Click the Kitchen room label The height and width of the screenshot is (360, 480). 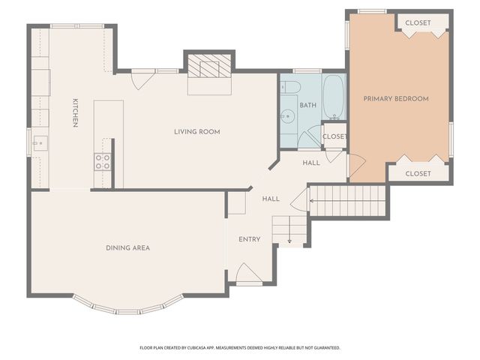point(75,112)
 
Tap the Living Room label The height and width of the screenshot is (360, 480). point(197,132)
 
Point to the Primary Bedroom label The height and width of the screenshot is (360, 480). point(396,99)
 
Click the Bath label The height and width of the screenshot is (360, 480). point(308,106)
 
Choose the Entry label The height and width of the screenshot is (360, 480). point(250,239)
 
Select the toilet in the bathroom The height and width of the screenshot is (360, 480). point(292,88)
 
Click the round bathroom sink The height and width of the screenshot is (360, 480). point(288,115)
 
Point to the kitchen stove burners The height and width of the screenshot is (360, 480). point(102,160)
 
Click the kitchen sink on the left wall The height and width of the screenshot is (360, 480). point(39,141)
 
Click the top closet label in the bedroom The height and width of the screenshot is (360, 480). point(418,23)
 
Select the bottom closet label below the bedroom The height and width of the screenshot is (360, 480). point(418,173)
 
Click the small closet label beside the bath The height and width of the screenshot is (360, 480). point(334,136)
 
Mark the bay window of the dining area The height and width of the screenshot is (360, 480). point(127,307)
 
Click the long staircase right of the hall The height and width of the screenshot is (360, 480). point(349,201)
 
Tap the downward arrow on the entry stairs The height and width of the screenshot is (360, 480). point(289,241)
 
